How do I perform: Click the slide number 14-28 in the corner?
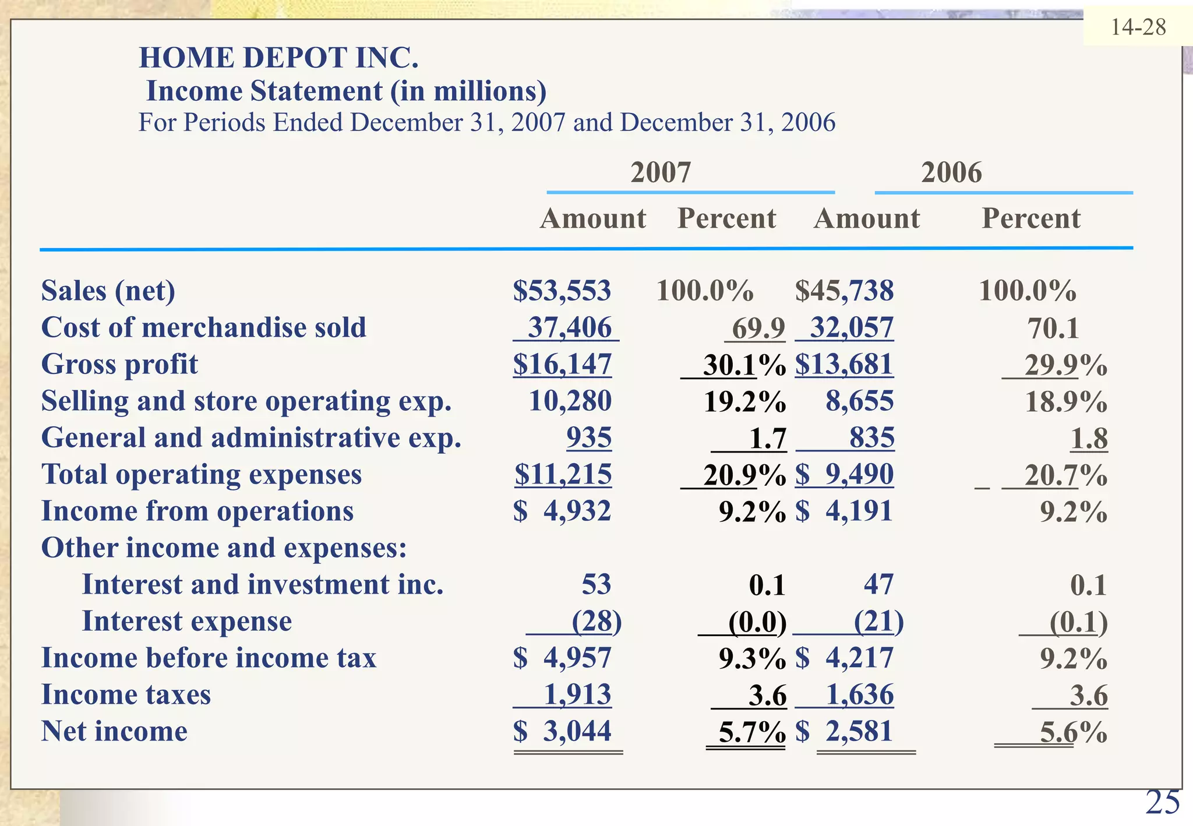1138,27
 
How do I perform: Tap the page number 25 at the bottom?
1162,803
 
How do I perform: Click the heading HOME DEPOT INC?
278,58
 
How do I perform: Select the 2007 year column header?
661,172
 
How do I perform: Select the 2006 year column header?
951,172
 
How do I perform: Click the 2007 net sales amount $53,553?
562,291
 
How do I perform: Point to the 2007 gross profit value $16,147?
562,364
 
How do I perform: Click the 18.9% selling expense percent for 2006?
1065,401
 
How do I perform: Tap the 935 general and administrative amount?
589,437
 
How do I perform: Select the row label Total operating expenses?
202,474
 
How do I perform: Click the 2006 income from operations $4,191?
844,511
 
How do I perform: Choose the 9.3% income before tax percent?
751,658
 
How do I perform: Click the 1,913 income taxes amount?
577,695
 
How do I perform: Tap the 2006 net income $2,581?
844,732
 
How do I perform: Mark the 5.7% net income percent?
751,732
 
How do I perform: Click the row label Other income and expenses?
224,548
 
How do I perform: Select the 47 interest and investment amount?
878,584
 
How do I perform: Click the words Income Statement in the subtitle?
264,91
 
